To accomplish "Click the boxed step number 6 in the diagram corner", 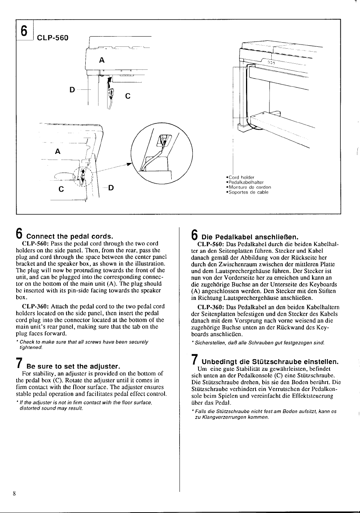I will tap(24, 30).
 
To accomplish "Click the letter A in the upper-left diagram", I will tap(102, 60).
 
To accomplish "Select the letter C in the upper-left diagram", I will tap(128, 97).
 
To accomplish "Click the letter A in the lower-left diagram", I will tap(58, 151).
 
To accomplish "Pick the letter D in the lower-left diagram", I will tap(111, 187).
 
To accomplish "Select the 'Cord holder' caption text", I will tap(241, 177).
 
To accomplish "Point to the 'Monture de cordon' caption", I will tap(249, 187).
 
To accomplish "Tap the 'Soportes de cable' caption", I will tap(248, 192).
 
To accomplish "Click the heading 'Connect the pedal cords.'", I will tap(69, 237).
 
